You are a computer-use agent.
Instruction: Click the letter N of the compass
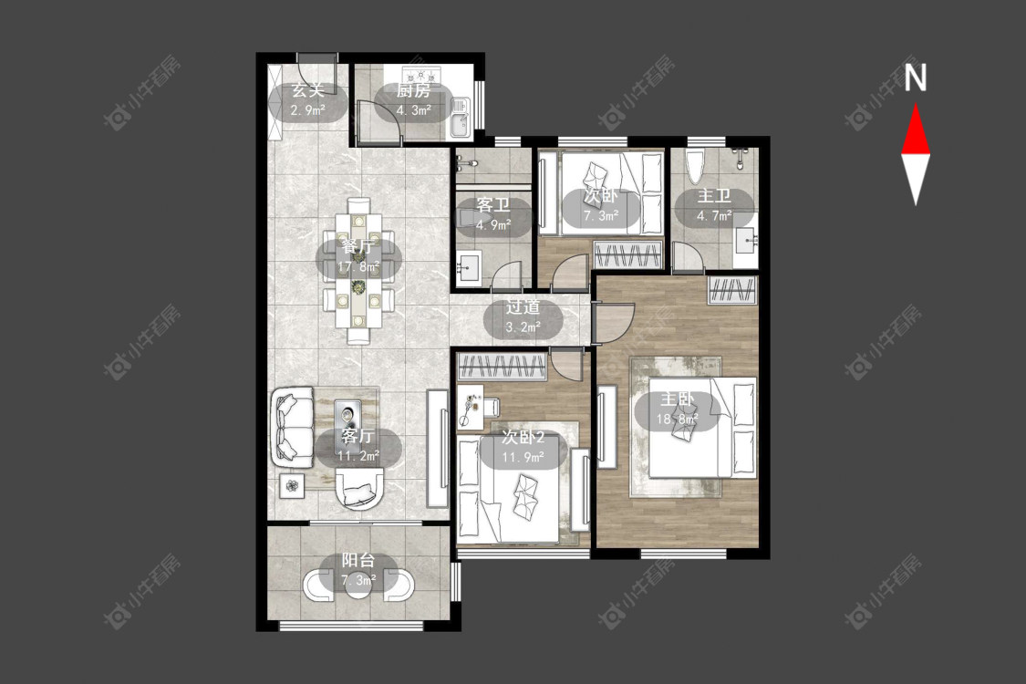click(x=916, y=78)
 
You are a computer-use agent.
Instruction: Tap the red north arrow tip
click(x=916, y=105)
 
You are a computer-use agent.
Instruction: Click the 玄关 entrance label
click(x=307, y=90)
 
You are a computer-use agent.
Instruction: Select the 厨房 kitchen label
click(x=413, y=90)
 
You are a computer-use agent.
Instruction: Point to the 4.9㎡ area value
click(x=493, y=225)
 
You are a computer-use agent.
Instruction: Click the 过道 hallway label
click(x=523, y=307)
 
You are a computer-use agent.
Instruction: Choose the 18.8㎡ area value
click(x=678, y=419)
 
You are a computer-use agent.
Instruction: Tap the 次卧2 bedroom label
click(x=523, y=437)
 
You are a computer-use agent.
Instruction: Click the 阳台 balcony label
click(x=358, y=560)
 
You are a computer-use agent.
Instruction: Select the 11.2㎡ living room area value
click(x=358, y=456)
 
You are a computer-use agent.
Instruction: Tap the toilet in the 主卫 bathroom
click(x=695, y=166)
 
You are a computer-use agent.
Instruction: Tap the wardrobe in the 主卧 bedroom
click(x=733, y=290)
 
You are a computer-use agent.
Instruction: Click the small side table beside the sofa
click(x=292, y=485)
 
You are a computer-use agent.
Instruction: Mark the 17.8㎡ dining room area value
click(x=358, y=266)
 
